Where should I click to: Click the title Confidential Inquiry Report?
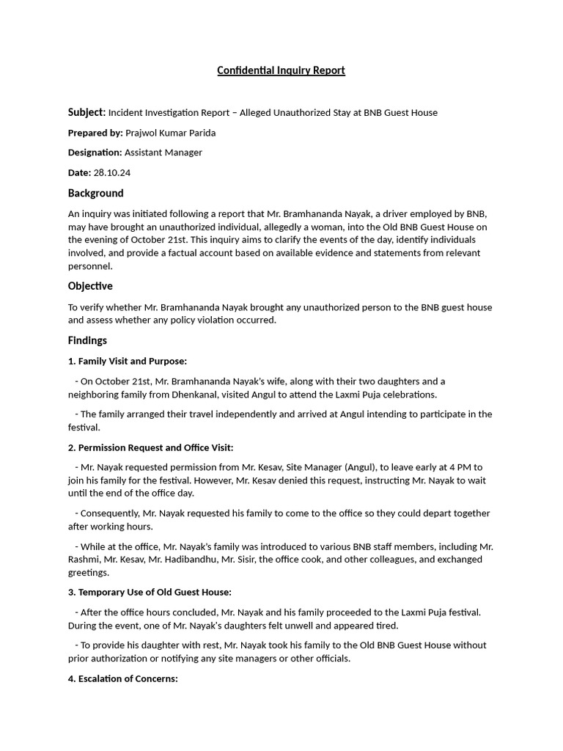point(281,70)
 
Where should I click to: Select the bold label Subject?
point(87,112)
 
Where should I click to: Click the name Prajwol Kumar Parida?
point(171,133)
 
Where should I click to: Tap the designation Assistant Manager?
point(163,153)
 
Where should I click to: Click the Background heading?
point(95,193)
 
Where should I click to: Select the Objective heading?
point(90,286)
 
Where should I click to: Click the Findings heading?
point(87,340)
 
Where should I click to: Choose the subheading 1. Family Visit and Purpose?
point(128,361)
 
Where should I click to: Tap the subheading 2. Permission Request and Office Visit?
point(151,447)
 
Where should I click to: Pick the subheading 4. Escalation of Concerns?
point(123,678)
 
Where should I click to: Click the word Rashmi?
point(84,560)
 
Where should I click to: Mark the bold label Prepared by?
point(95,133)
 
